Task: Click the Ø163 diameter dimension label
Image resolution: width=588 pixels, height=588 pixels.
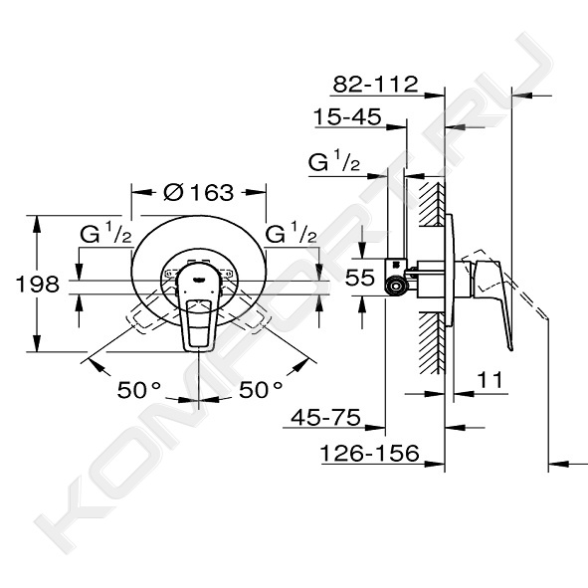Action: (199, 192)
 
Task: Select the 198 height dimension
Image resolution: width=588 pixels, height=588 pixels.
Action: (38, 284)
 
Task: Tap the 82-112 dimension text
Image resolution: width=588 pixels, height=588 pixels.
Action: (375, 84)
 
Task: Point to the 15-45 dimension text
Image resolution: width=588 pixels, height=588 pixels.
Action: (347, 116)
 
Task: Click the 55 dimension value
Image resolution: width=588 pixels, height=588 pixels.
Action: (359, 278)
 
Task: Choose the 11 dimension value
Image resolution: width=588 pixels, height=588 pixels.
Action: (490, 380)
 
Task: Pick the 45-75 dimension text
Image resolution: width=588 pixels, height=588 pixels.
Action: (326, 417)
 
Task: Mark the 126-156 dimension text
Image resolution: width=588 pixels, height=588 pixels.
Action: (369, 453)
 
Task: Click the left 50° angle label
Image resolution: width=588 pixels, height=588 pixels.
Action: (139, 390)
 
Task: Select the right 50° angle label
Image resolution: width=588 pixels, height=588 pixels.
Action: (261, 390)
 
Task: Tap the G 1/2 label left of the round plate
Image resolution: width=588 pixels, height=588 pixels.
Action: (105, 233)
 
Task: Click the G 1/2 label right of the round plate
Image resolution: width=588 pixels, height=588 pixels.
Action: (291, 233)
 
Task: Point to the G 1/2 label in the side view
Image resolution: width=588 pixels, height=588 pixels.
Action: (334, 161)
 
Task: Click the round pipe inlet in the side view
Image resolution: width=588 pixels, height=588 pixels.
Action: (396, 287)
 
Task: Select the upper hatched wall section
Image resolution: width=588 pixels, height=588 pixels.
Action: (432, 204)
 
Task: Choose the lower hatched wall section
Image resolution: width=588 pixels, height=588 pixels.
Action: (432, 343)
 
